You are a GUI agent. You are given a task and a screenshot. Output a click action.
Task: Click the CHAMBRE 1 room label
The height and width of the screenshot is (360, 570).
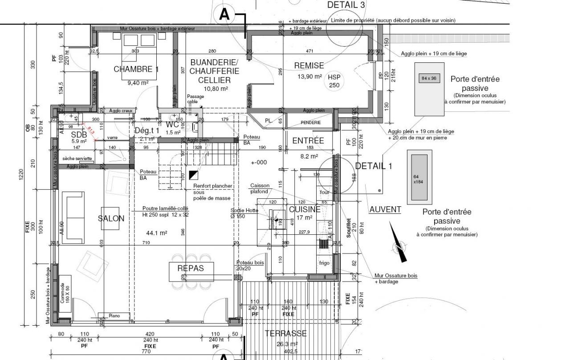tap(136, 69)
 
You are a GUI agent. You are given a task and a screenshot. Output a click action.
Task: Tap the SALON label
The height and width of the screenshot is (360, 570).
tap(111, 218)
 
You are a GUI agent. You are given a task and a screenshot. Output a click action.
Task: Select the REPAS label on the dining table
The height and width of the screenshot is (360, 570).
tap(191, 268)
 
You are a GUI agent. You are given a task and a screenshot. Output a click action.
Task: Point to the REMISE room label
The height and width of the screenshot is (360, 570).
tap(309, 65)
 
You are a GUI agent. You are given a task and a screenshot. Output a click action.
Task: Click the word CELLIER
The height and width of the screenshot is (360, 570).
tap(215, 80)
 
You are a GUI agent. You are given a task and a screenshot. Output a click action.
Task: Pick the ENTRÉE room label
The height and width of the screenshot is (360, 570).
tap(308, 141)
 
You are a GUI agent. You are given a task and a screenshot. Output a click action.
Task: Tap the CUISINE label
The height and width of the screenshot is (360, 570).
tap(305, 209)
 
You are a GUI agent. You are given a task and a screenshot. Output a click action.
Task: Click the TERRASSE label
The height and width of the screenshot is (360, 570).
tap(285, 333)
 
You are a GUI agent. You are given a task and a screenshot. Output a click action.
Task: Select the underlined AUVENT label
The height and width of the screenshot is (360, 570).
tap(385, 209)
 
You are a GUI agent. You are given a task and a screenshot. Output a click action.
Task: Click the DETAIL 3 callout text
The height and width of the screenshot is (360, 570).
tap(346, 5)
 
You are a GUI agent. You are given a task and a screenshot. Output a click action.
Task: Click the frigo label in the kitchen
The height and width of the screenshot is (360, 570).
tap(324, 263)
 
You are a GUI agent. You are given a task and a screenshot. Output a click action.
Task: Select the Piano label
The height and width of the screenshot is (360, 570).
tap(114, 316)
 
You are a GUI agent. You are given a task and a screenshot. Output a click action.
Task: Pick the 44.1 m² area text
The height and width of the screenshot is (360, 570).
tap(156, 233)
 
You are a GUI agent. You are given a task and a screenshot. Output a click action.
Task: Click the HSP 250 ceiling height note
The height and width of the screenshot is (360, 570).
tap(334, 81)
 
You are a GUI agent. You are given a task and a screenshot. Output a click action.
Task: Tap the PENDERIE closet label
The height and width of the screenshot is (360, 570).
tap(310, 123)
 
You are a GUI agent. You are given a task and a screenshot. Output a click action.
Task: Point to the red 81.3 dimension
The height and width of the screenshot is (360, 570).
tap(91, 131)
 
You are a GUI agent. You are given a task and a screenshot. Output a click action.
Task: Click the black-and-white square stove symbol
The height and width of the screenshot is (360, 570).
tap(193, 175)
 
